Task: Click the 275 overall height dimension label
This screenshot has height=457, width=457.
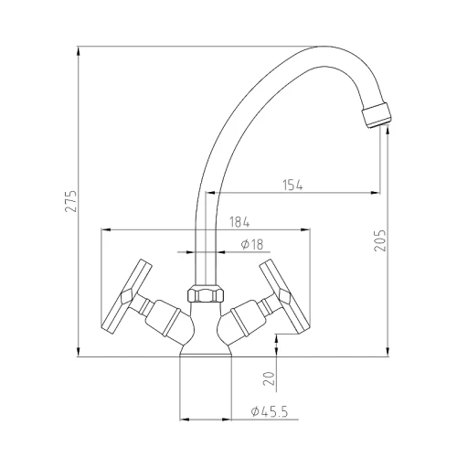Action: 71,201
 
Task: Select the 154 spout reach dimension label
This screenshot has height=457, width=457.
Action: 293,185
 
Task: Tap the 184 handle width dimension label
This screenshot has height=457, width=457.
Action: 239,222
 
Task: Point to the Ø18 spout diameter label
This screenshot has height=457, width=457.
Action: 251,244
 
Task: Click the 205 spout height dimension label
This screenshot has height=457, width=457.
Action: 380,240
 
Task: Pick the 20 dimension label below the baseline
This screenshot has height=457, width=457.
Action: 269,378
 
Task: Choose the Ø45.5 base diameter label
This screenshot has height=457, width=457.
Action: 270,411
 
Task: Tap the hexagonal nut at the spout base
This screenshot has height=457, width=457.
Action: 206,294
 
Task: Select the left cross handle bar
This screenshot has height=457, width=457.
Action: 126,296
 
